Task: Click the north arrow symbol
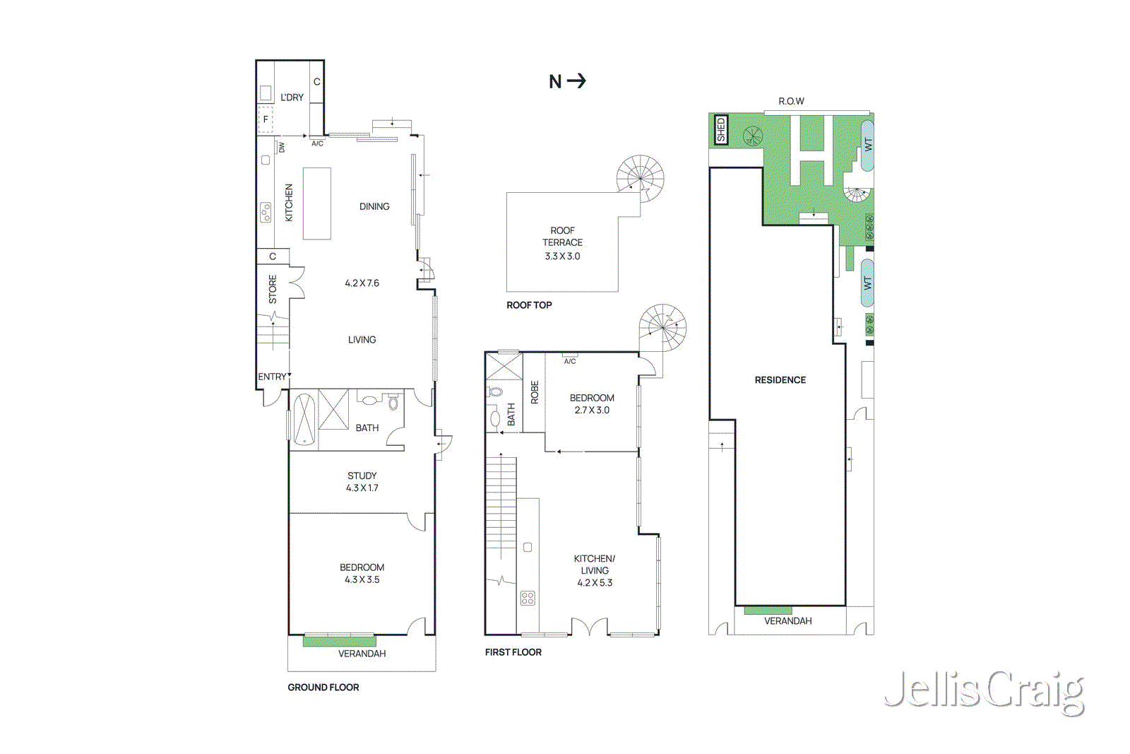pyautogui.click(x=567, y=81)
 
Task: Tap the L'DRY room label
pyautogui.click(x=292, y=98)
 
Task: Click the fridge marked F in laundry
pyautogui.click(x=266, y=120)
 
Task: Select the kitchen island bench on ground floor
pyautogui.click(x=317, y=204)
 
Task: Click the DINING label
pyautogui.click(x=374, y=206)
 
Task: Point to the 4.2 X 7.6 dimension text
pyautogui.click(x=362, y=283)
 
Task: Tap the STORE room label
pyautogui.click(x=273, y=290)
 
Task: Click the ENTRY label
pyautogui.click(x=272, y=377)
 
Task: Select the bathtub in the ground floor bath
pyautogui.click(x=304, y=419)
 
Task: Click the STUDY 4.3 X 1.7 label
pyautogui.click(x=362, y=482)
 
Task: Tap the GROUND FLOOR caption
pyautogui.click(x=323, y=687)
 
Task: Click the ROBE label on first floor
pyautogui.click(x=535, y=392)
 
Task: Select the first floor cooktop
pyautogui.click(x=528, y=599)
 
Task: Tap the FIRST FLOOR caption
pyautogui.click(x=513, y=652)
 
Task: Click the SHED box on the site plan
pyautogui.click(x=720, y=130)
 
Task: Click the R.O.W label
pyautogui.click(x=791, y=101)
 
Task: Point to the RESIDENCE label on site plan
pyautogui.click(x=780, y=380)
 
